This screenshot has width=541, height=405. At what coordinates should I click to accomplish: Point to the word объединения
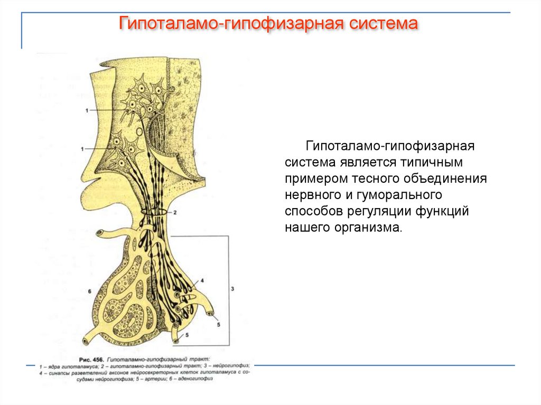point(445,177)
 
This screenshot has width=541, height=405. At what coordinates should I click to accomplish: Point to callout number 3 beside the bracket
point(232,289)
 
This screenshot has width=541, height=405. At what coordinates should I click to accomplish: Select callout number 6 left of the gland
point(90,291)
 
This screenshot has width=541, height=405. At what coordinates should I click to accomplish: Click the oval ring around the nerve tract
point(155,213)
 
